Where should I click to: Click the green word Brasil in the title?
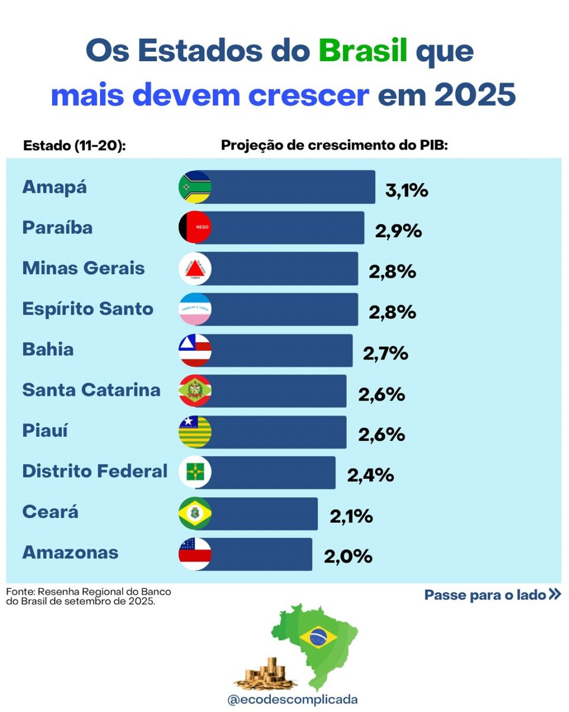[363, 51]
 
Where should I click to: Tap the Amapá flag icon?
[195, 187]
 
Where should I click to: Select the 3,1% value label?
[407, 191]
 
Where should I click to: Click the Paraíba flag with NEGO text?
[195, 227]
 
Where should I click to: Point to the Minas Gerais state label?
[84, 268]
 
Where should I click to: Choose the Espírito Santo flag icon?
[195, 309]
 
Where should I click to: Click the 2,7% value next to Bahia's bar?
[386, 354]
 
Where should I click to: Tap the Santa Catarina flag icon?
[195, 390]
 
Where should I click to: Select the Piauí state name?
[45, 431]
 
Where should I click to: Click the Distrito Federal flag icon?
[195, 472]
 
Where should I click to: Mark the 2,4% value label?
[370, 475]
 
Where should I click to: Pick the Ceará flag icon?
[195, 513]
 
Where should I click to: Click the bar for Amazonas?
[261, 554]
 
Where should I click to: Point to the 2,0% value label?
[348, 557]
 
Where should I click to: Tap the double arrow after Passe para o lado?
[555, 594]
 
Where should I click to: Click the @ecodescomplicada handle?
[293, 700]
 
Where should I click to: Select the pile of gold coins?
[267, 673]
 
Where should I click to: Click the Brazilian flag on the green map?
[318, 637]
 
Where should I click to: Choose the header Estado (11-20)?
[74, 146]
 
